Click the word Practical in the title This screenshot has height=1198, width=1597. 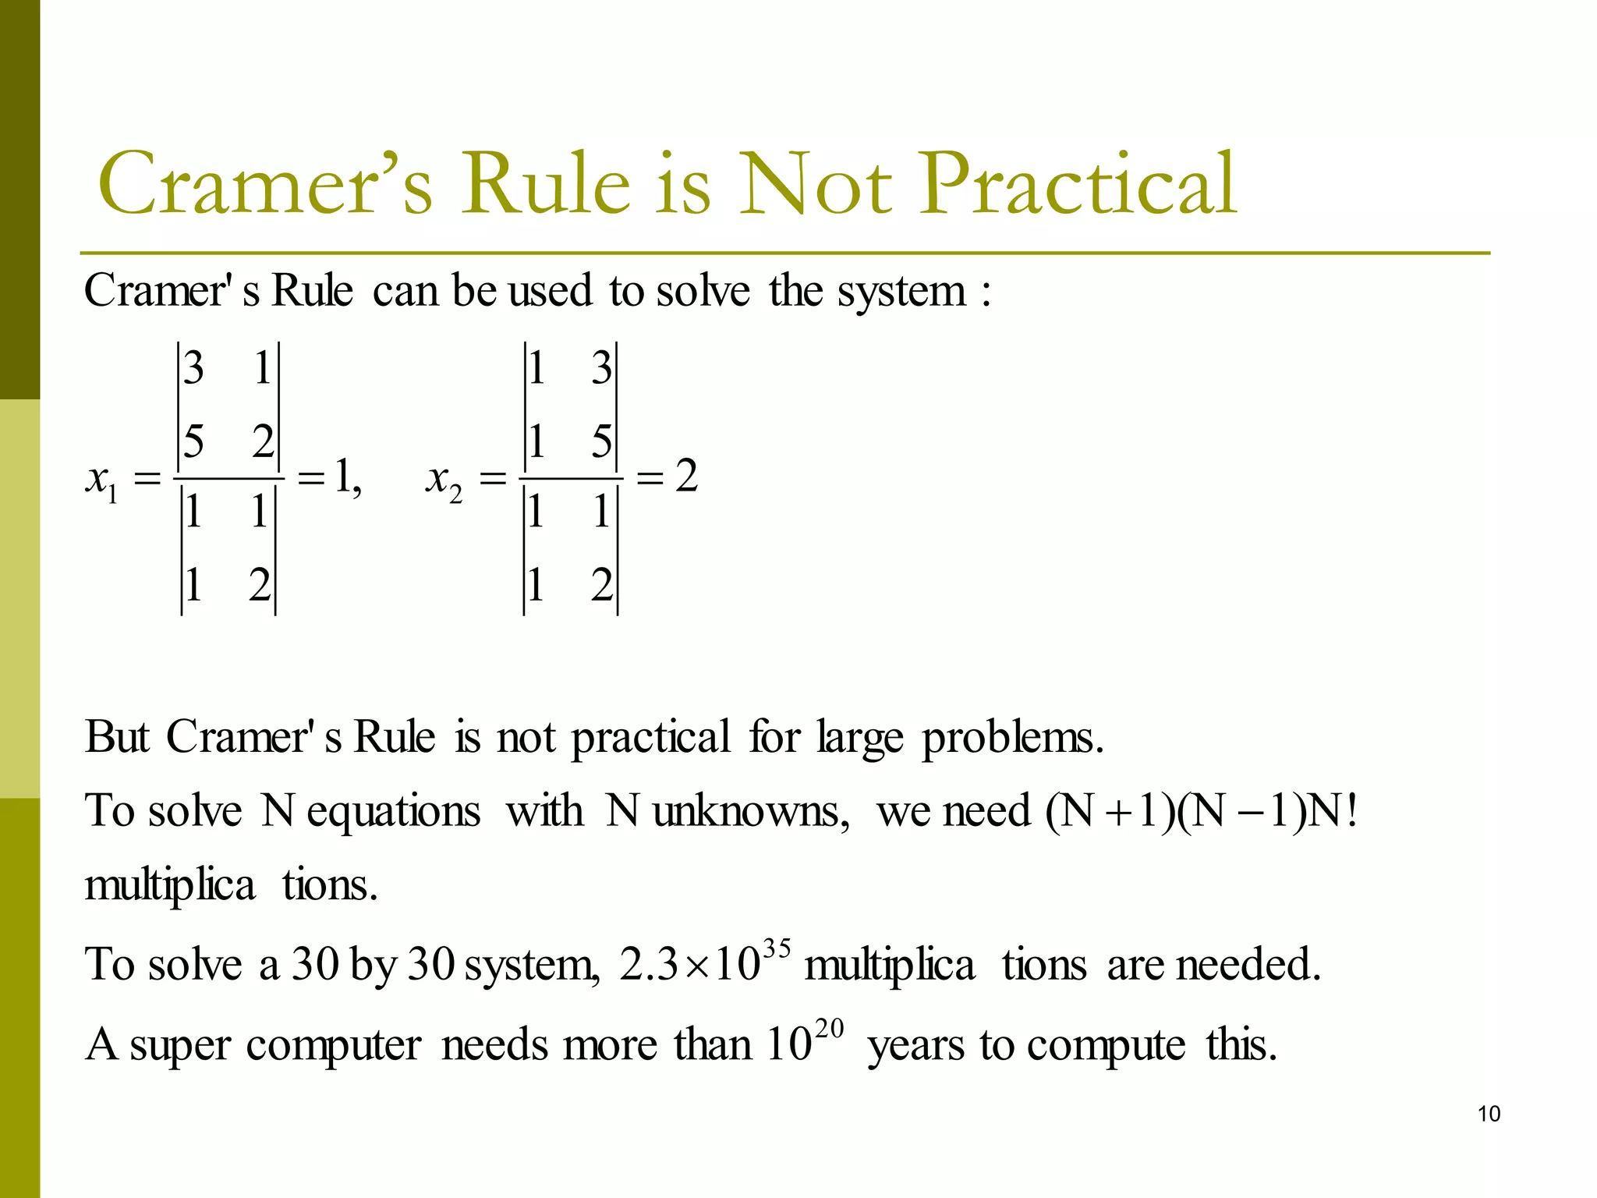(1079, 184)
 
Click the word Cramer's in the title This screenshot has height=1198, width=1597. (265, 184)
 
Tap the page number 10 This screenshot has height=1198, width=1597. (1489, 1114)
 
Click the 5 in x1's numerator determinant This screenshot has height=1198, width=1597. (193, 441)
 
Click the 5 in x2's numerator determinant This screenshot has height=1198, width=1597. (601, 441)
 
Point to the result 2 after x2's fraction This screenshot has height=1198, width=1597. (686, 476)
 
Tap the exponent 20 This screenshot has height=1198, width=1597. (830, 1029)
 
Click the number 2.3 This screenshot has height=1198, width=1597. (649, 965)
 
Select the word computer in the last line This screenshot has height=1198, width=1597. (334, 1046)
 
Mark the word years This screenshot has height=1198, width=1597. (915, 1046)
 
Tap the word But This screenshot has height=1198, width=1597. (117, 736)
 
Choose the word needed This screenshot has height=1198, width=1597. (1248, 965)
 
